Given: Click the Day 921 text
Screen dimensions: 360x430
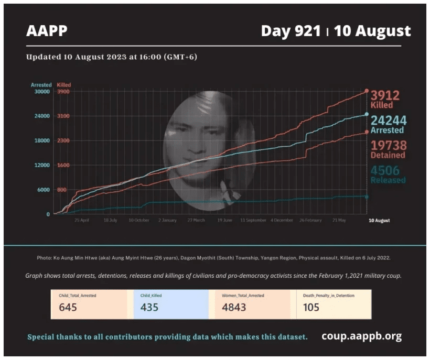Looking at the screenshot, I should (291, 31).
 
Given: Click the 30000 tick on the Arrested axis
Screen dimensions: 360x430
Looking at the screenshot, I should (41, 92).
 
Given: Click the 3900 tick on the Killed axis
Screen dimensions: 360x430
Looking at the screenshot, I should (63, 92).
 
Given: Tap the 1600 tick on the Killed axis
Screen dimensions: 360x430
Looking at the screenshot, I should (63, 165).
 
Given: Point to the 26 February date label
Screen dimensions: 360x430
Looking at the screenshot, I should (310, 221).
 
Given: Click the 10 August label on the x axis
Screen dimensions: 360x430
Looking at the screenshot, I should (378, 221).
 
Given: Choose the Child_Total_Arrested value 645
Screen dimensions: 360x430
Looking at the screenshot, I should (68, 307).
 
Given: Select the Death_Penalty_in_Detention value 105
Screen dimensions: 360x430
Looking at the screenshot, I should (311, 307).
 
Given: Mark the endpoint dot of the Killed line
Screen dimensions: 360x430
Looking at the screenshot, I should (367, 91).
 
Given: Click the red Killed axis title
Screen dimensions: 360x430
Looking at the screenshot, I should (63, 85).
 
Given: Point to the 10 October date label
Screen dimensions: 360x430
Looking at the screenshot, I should (139, 221).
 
